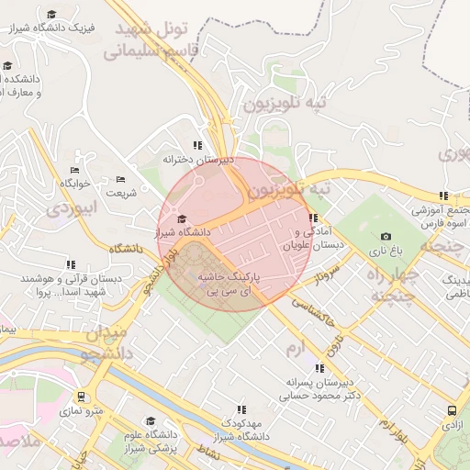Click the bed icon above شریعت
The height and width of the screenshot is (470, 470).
[121, 180]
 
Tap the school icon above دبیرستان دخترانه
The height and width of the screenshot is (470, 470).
[198, 145]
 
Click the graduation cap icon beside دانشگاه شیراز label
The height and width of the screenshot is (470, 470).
[181, 218]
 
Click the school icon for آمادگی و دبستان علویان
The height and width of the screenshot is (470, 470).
[314, 218]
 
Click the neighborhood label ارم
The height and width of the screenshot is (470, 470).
[294, 348]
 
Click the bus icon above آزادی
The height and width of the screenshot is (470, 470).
[452, 411]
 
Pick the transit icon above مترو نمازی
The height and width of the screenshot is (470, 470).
[84, 397]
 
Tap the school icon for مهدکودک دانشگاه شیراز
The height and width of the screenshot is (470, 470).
[241, 409]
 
